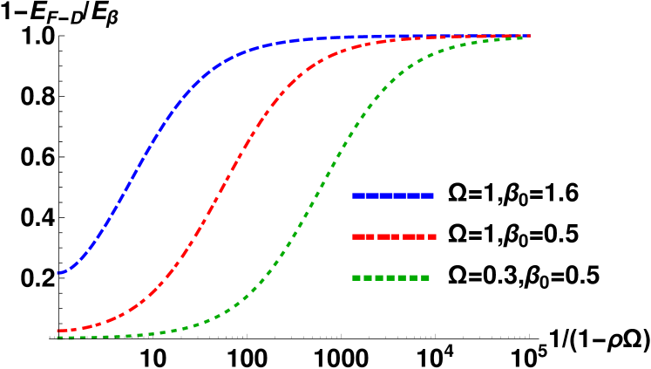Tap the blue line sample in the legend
(392, 195)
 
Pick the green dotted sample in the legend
(390, 277)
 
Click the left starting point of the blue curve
(58, 274)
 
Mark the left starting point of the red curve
(58, 331)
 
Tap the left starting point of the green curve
(58, 338)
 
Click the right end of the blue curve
(529, 36)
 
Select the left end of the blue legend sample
(353, 195)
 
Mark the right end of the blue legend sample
(432, 195)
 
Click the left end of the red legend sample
(353, 236)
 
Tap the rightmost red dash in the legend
(432, 236)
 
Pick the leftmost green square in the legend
(356, 277)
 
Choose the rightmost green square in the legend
(425, 277)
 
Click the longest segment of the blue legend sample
(379, 195)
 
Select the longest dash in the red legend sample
(413, 236)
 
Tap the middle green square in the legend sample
(390, 277)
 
